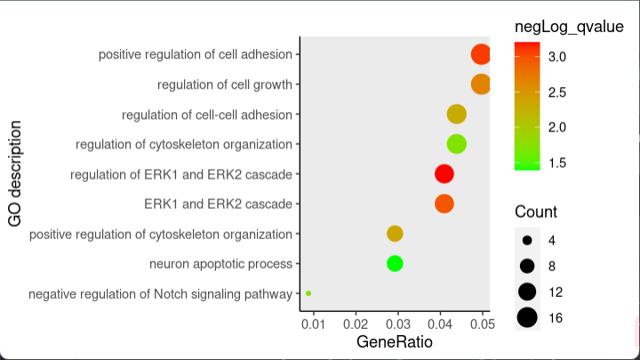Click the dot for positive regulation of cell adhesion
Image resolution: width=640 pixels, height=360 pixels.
(480, 54)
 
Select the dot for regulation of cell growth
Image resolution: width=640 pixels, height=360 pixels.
(480, 84)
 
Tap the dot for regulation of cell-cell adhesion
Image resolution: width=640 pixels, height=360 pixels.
(456, 114)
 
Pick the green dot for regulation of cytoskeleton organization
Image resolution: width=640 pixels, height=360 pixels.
(456, 144)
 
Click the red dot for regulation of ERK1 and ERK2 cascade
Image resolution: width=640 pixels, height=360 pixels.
(444, 174)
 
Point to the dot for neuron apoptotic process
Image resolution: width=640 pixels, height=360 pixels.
(395, 263)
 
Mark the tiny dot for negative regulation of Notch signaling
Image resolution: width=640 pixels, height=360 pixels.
(308, 292)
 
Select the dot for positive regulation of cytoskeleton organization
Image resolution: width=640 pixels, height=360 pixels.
(395, 234)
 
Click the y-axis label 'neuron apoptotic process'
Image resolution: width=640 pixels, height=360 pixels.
(220, 264)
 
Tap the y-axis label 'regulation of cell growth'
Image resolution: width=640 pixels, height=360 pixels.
(225, 85)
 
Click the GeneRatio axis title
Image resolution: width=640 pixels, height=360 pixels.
(395, 342)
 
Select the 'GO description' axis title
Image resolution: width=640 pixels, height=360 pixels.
(15, 173)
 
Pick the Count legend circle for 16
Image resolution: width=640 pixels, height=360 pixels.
(527, 317)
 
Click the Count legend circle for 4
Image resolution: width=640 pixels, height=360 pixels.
(527, 240)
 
